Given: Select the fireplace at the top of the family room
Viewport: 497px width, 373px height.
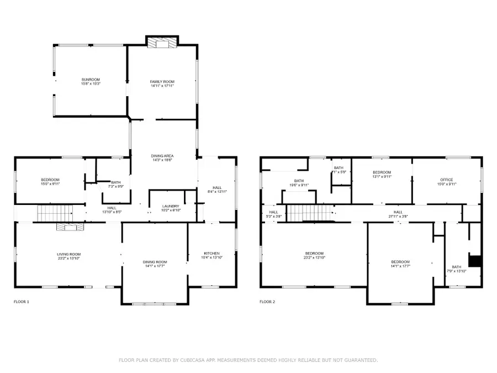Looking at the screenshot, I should click(162, 42).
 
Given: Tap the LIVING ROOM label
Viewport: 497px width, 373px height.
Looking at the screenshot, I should click(69, 256).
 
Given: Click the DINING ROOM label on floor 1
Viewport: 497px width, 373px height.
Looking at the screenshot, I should click(155, 264).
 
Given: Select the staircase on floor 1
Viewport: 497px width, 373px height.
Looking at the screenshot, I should click(55, 212).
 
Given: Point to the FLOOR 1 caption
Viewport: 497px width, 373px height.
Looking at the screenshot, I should click(22, 302).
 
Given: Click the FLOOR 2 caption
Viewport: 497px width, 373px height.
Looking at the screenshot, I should click(268, 302).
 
